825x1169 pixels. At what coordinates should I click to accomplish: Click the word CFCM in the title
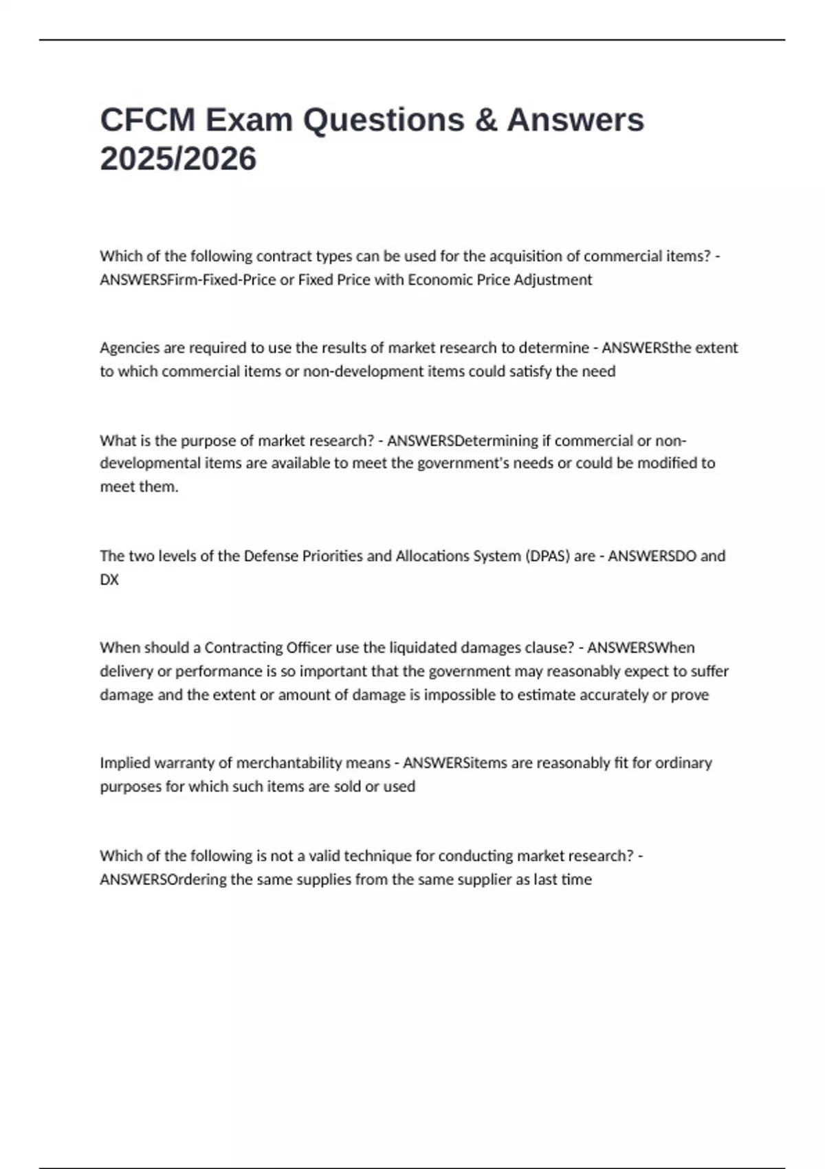click(148, 120)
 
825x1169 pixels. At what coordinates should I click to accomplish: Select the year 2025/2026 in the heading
click(178, 159)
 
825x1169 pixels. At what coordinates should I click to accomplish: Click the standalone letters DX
click(109, 580)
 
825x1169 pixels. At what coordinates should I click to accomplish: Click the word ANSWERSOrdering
click(163, 880)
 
